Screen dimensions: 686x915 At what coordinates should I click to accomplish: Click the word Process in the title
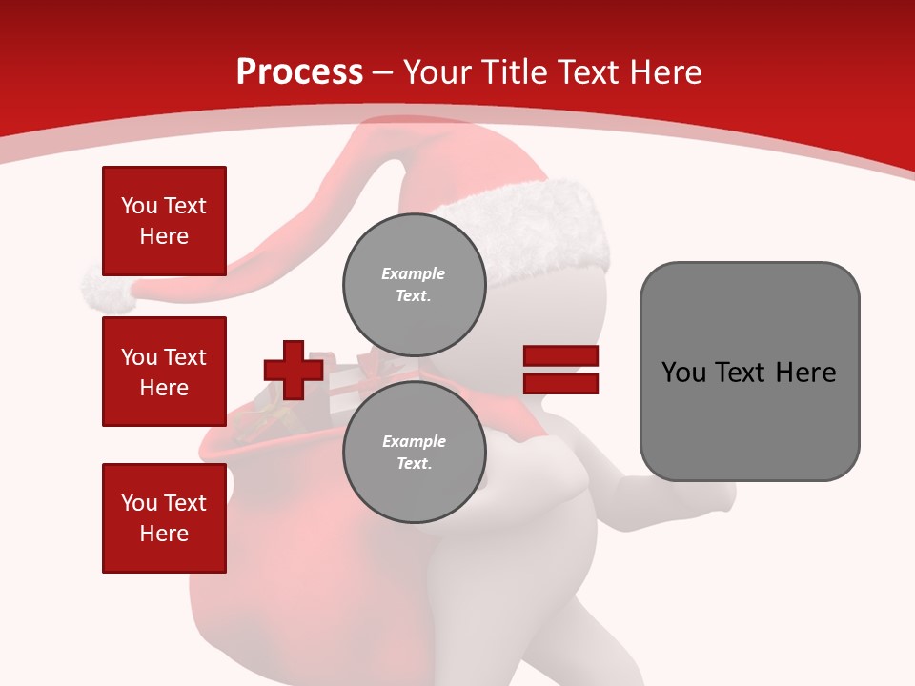[x=299, y=72]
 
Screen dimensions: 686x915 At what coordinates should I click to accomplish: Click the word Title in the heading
[x=515, y=72]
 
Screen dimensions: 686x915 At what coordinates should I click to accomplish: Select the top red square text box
[x=164, y=221]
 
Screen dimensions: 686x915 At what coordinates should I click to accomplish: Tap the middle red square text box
[x=164, y=372]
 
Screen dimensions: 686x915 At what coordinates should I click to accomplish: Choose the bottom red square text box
[x=164, y=517]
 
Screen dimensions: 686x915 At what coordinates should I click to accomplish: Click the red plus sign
[x=294, y=370]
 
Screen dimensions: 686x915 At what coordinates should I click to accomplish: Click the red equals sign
[x=560, y=370]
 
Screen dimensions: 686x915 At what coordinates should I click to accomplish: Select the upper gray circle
[x=414, y=284]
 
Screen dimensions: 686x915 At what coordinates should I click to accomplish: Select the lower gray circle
[x=414, y=452]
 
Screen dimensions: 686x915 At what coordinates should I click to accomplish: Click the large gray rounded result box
[x=749, y=372]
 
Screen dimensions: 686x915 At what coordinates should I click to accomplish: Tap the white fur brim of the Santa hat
[x=534, y=229]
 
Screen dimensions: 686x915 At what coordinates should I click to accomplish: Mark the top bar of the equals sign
[x=560, y=356]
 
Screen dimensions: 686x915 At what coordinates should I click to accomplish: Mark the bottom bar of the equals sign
[x=560, y=383]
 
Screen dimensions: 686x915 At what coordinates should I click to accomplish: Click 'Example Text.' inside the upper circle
[x=414, y=284]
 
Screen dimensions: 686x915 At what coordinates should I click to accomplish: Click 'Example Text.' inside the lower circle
[x=414, y=452]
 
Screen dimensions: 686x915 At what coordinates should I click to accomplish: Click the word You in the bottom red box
[x=139, y=503]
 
